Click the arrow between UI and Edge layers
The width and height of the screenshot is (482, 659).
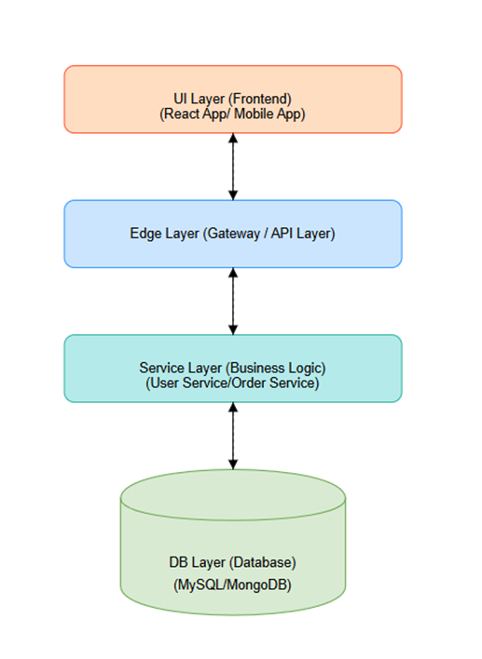233,166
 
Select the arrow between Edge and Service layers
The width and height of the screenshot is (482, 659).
233,301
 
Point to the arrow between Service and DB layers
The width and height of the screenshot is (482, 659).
233,436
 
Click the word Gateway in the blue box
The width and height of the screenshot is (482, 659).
229,234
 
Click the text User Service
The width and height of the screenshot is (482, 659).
186,383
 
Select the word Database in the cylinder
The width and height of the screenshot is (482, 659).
264,562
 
